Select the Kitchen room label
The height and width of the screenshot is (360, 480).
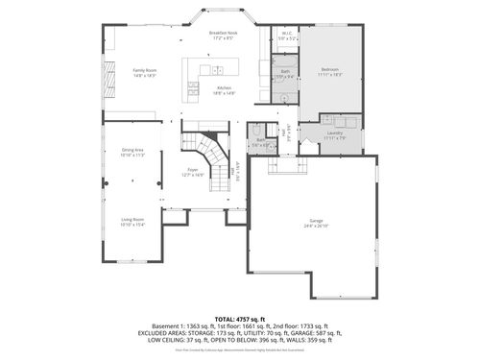[224, 88]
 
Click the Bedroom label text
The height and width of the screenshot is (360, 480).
[329, 70]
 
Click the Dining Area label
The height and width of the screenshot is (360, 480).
[132, 150]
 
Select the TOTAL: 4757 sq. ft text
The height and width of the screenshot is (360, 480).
[240, 317]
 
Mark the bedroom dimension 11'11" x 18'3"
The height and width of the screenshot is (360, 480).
[329, 75]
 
